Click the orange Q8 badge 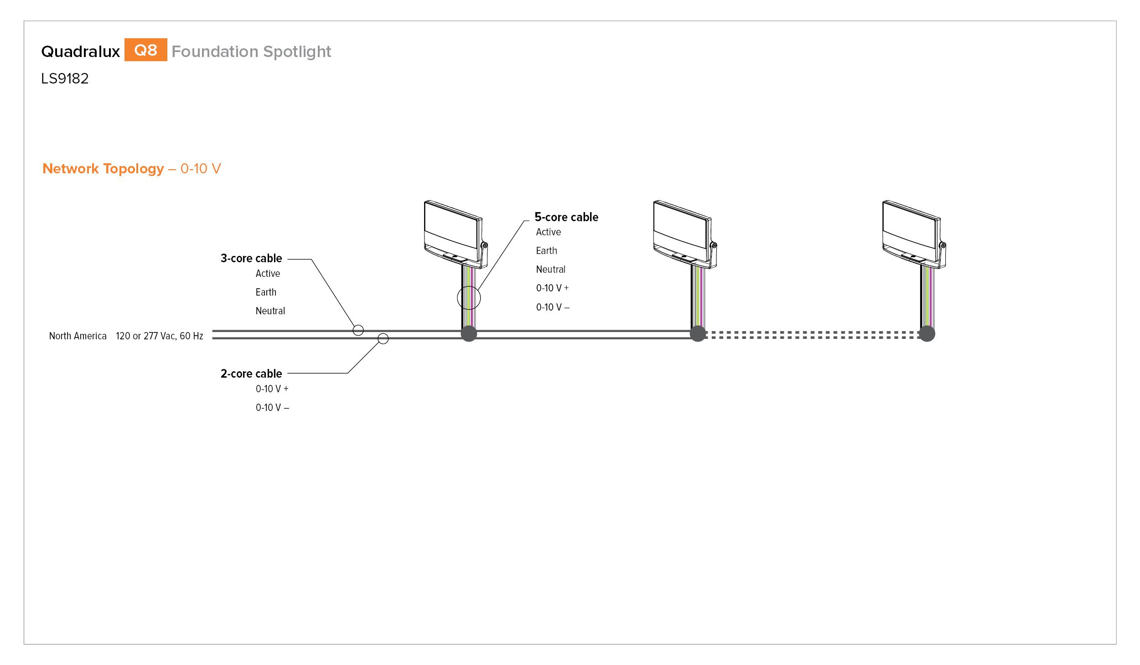(145, 50)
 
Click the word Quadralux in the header (80, 52)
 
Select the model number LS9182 (65, 78)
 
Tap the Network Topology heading (103, 169)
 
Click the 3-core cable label (251, 258)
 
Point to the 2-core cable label (251, 374)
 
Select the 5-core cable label (566, 217)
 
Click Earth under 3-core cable (266, 292)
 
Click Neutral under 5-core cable (550, 269)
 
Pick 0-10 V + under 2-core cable (272, 389)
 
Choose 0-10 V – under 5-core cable (553, 307)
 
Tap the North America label (78, 336)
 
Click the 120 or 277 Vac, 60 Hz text (159, 336)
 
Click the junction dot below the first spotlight (469, 334)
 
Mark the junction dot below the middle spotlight (698, 334)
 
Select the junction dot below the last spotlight (927, 334)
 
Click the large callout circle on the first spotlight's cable (457, 298)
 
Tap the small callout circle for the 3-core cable (353, 330)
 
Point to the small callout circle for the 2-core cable (378, 338)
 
